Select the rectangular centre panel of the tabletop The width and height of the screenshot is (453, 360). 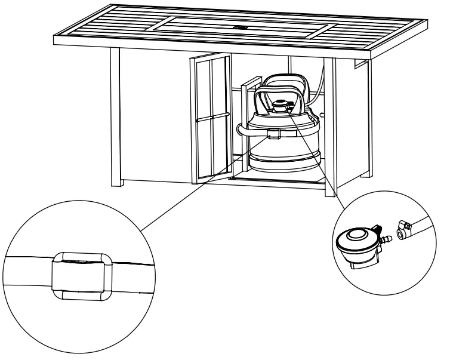(x=239, y=27)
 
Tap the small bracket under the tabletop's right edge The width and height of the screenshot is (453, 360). (x=360, y=64)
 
